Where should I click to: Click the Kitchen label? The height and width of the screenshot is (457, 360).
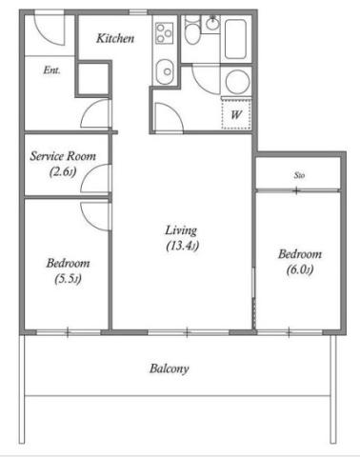(x=115, y=38)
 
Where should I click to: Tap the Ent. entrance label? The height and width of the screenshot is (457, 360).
(x=51, y=70)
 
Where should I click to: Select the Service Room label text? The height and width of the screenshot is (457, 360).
(x=63, y=156)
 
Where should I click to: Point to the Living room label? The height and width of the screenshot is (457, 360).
(x=181, y=230)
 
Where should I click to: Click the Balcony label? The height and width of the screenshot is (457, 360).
(x=170, y=368)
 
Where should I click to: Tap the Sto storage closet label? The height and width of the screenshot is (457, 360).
(x=299, y=175)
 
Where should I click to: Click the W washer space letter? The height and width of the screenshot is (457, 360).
(x=236, y=114)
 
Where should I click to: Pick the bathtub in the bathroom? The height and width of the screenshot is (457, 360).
(x=235, y=39)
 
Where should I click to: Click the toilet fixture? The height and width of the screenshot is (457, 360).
(x=191, y=30)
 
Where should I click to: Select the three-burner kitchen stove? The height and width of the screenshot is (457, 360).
(x=165, y=33)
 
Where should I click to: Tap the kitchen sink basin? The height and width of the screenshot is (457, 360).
(x=165, y=71)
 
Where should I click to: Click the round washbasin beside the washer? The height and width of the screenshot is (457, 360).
(x=237, y=81)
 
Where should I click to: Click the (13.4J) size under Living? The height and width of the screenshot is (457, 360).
(x=183, y=246)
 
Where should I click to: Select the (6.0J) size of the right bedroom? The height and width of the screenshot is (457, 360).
(x=300, y=270)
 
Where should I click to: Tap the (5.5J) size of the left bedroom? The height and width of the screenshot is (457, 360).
(x=68, y=279)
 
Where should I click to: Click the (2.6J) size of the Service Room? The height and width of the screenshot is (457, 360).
(x=63, y=172)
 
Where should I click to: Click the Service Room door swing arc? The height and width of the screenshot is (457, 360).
(x=90, y=173)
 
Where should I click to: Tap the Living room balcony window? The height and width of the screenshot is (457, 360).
(x=188, y=332)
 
